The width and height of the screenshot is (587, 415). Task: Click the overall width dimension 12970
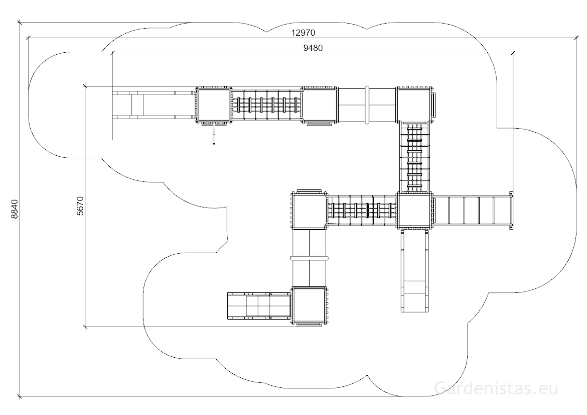pyautogui.click(x=303, y=33)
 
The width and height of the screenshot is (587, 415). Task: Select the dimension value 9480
pyautogui.click(x=313, y=48)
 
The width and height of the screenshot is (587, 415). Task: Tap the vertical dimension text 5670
pyautogui.click(x=80, y=206)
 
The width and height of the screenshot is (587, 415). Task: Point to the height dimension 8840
pyautogui.click(x=14, y=209)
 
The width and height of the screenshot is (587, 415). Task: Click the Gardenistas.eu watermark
pyautogui.click(x=496, y=388)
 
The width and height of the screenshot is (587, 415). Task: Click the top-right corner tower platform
pyautogui.click(x=415, y=104)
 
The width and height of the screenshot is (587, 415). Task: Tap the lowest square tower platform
pyautogui.click(x=309, y=305)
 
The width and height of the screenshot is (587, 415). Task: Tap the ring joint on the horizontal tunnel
pyautogui.click(x=367, y=105)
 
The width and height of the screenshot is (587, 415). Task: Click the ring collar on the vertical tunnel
pyautogui.click(x=309, y=258)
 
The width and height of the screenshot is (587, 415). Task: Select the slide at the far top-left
pyautogui.click(x=154, y=105)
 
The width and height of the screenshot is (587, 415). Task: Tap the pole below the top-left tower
pyautogui.click(x=214, y=134)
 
